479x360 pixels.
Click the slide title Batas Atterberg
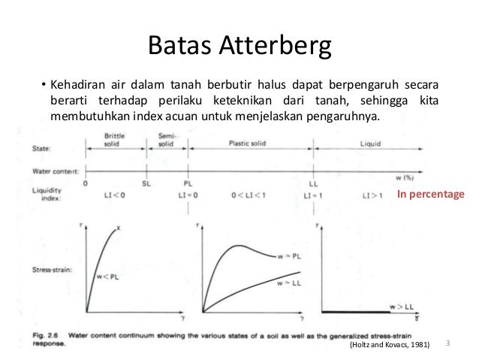239,47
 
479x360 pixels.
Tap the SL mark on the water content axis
146,183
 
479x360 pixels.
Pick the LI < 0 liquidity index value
116,195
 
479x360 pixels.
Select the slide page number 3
447,343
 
